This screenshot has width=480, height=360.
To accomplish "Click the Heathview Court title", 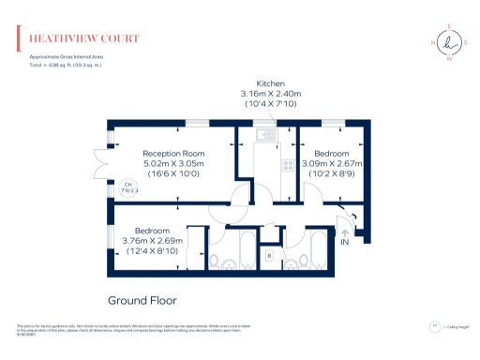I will (x=84, y=38).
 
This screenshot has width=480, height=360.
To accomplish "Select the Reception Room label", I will (x=173, y=153).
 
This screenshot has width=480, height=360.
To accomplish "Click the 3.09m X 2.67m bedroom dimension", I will (x=332, y=163).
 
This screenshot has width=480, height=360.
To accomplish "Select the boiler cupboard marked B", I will (x=270, y=254).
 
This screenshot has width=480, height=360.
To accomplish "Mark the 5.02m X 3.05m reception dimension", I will (x=173, y=163).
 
